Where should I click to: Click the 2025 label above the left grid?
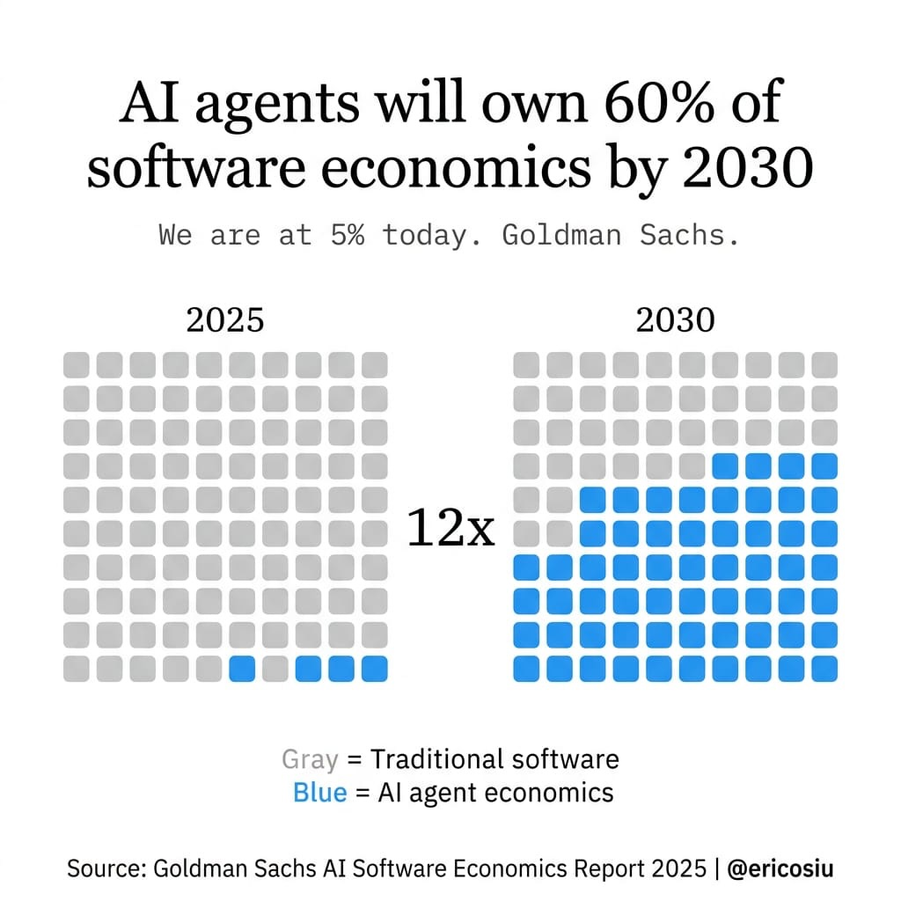coord(225,320)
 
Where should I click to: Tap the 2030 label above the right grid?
coord(675,320)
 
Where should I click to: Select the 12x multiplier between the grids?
coord(450,531)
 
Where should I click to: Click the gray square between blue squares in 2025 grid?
coord(275,669)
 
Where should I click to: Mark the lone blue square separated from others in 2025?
coord(242,669)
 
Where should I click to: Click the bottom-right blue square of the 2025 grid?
coord(374,669)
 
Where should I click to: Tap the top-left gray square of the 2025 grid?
coord(77,364)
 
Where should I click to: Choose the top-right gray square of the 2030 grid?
coord(824,364)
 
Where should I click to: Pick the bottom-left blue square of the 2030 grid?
coord(526,669)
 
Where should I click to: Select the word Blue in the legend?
coord(319,793)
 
